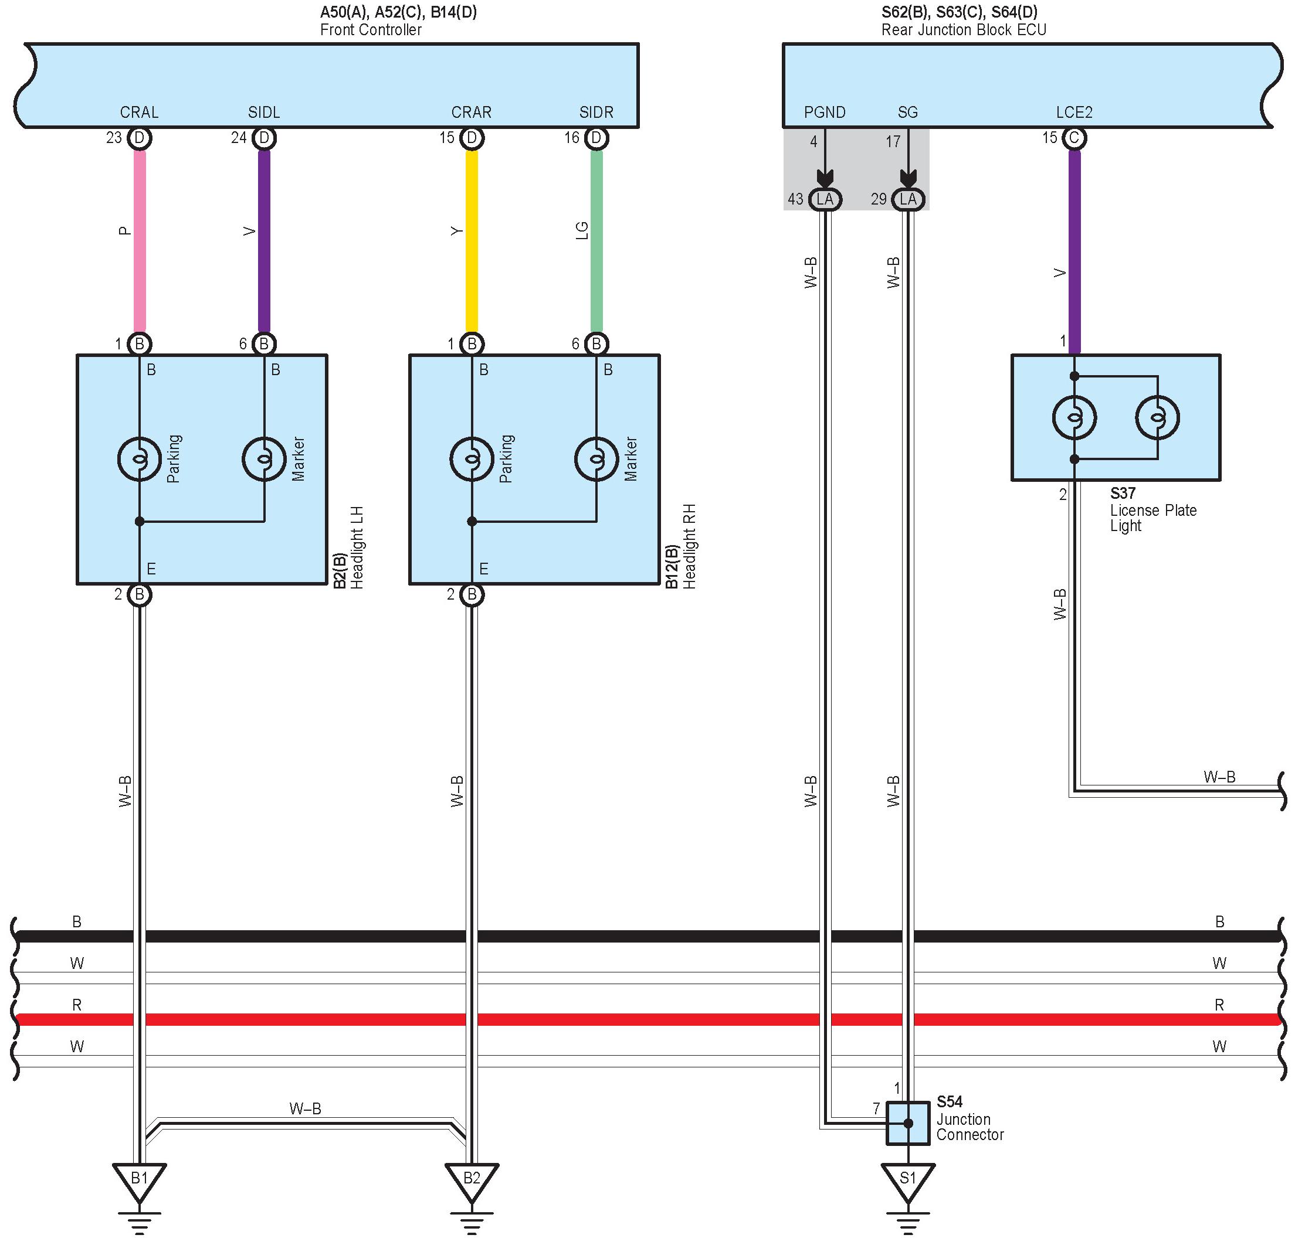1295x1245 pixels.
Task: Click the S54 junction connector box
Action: pyautogui.click(x=908, y=1123)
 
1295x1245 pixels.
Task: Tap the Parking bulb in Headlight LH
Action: pyautogui.click(x=140, y=458)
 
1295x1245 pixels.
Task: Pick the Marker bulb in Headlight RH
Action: pyautogui.click(x=596, y=458)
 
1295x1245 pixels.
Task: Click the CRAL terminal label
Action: pyautogui.click(x=140, y=113)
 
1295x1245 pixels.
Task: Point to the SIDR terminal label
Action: pyautogui.click(x=596, y=113)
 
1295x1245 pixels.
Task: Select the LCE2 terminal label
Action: pyautogui.click(x=1074, y=113)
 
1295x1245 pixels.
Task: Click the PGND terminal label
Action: pyautogui.click(x=825, y=113)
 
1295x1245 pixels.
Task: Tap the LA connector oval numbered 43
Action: pyautogui.click(x=825, y=199)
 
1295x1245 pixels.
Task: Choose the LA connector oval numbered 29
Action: pyautogui.click(x=908, y=199)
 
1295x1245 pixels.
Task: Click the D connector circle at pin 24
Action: pyautogui.click(x=265, y=138)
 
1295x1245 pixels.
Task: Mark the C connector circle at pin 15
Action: pyautogui.click(x=1074, y=138)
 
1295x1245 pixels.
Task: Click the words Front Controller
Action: pyautogui.click(x=371, y=30)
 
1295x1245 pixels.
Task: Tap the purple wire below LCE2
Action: pyautogui.click(x=1074, y=251)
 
